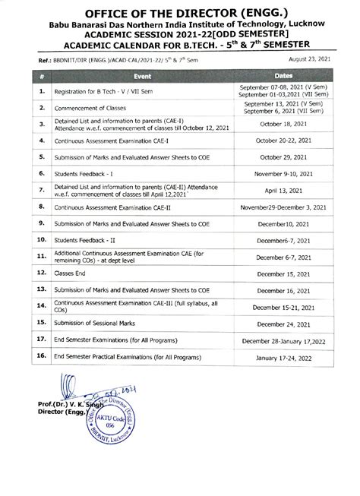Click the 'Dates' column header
coord(283,76)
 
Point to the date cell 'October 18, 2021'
coord(283,123)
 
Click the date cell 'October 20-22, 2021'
coord(283,140)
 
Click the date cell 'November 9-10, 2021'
coord(283,173)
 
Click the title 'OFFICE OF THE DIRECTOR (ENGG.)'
coord(179,13)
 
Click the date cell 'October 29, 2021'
coord(283,156)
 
